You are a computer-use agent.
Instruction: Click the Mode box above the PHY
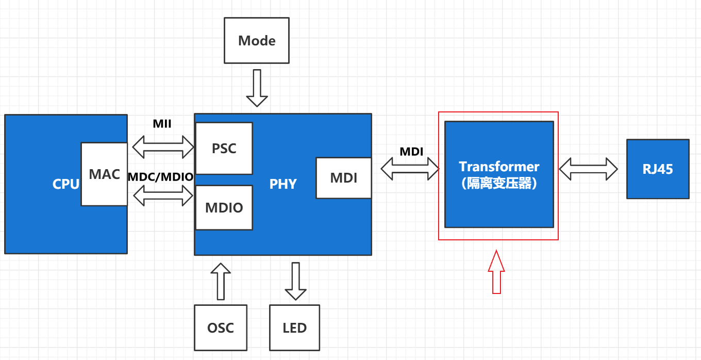pyautogui.click(x=257, y=41)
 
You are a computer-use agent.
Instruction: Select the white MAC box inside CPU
pyautogui.click(x=104, y=174)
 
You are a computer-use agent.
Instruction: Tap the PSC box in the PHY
pyautogui.click(x=224, y=149)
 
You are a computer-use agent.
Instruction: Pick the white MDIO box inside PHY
pyautogui.click(x=224, y=207)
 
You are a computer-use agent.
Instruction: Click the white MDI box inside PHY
pyautogui.click(x=343, y=178)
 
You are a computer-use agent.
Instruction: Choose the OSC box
pyautogui.click(x=220, y=328)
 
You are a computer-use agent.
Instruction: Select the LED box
pyautogui.click(x=294, y=328)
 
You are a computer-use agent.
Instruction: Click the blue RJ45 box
pyautogui.click(x=658, y=169)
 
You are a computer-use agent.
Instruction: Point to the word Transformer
pyautogui.click(x=499, y=167)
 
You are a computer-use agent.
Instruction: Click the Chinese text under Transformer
pyautogui.click(x=499, y=184)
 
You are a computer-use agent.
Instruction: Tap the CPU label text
pyautogui.click(x=66, y=184)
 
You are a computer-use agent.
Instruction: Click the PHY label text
pyautogui.click(x=283, y=184)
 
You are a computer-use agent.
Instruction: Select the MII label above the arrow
pyautogui.click(x=162, y=124)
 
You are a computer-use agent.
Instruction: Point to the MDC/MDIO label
pyautogui.click(x=160, y=176)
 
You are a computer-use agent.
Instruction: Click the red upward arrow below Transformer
pyautogui.click(x=496, y=272)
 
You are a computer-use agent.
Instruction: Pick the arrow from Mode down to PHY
pyautogui.click(x=257, y=88)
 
